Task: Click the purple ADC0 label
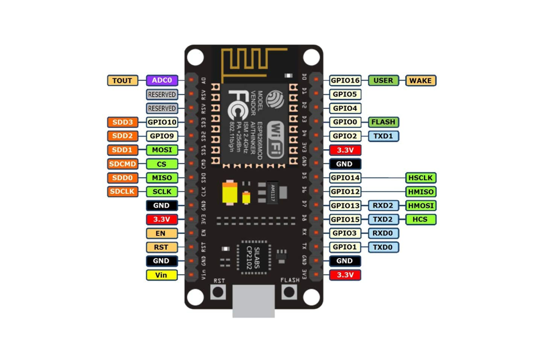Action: tap(162, 80)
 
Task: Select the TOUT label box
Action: tap(123, 80)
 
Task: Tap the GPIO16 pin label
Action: tap(345, 80)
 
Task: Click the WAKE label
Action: tap(421, 80)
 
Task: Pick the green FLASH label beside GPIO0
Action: tap(383, 122)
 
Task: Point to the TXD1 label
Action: tap(383, 136)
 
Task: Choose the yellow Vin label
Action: tap(161, 275)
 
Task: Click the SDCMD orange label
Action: tap(123, 164)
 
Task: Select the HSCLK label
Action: tap(421, 178)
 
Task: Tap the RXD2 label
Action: tap(383, 205)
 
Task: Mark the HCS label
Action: tap(421, 219)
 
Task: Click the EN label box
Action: tap(161, 233)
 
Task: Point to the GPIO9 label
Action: tap(162, 136)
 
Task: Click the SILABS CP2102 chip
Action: tap(253, 258)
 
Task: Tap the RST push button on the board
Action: tap(218, 292)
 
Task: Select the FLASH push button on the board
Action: tap(289, 292)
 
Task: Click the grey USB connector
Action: tap(254, 301)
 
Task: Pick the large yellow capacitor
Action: tap(230, 193)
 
